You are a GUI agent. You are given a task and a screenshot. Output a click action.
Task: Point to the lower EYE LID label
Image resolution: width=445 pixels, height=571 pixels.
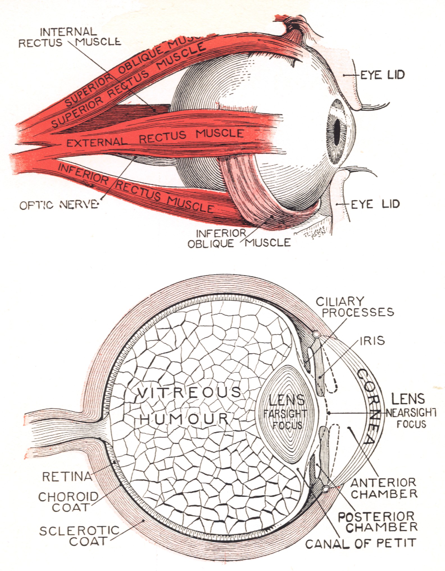click(375, 204)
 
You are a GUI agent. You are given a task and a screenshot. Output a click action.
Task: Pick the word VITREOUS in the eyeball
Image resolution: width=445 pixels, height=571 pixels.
click(190, 392)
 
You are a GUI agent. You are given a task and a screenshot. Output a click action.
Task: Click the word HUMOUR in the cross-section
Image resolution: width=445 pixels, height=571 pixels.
click(184, 419)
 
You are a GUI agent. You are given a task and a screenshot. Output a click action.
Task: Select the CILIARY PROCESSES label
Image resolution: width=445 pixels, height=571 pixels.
click(355, 307)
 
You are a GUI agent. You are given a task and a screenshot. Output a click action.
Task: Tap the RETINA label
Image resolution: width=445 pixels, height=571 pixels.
click(67, 476)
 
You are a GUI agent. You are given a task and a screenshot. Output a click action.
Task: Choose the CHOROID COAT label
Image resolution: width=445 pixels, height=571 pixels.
click(68, 502)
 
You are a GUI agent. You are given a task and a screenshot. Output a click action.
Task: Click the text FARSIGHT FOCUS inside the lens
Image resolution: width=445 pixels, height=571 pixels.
click(285, 419)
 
